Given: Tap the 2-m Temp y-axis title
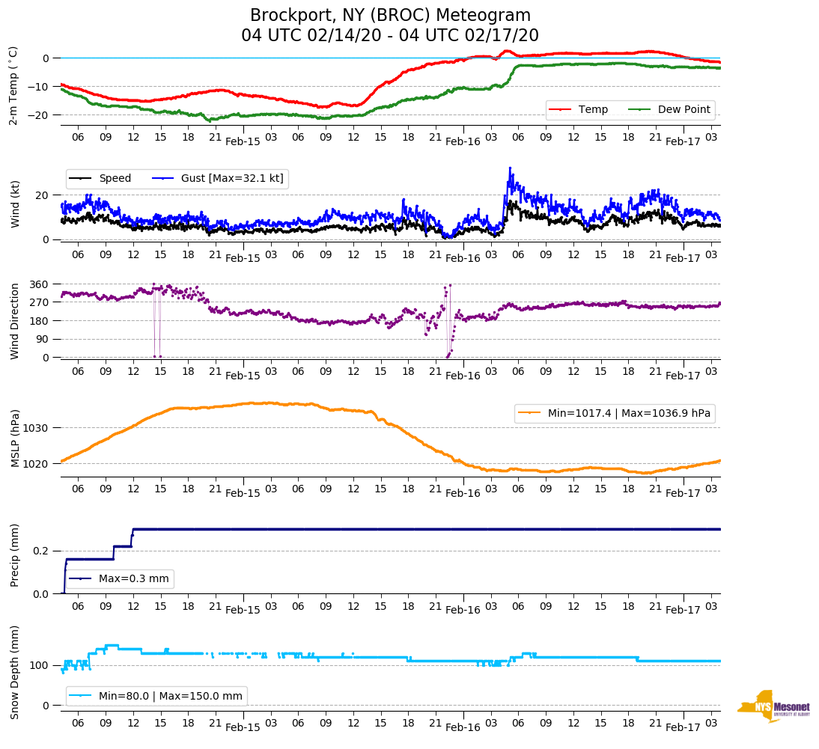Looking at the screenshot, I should [13, 85].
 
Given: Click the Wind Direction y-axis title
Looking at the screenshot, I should [15, 320].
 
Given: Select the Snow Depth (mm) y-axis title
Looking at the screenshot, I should [15, 672].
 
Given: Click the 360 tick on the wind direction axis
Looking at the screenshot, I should [39, 284].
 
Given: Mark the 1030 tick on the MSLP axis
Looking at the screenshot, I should [37, 428].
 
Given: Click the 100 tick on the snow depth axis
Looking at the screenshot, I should [40, 665].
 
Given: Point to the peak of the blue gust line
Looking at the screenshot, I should [510, 168].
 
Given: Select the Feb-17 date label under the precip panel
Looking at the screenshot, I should [683, 610].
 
